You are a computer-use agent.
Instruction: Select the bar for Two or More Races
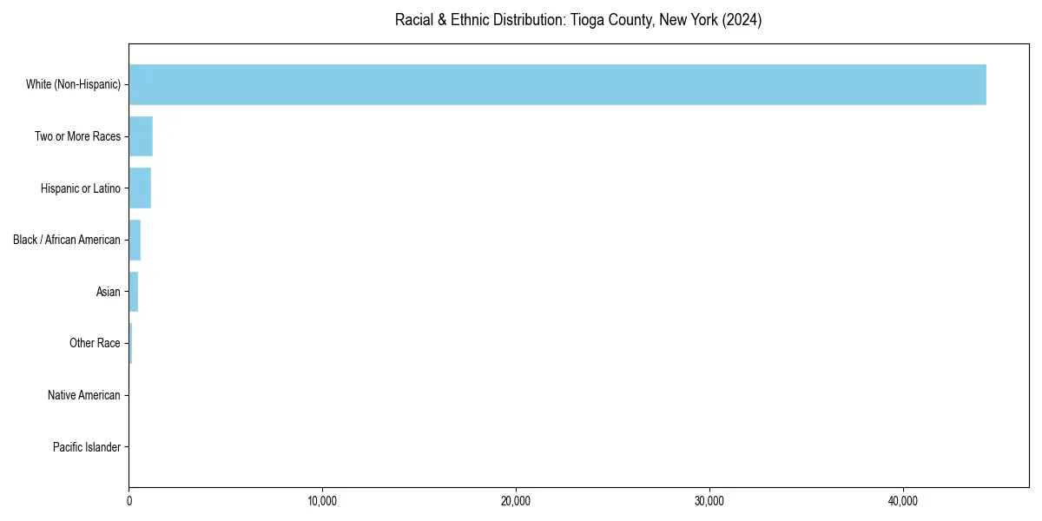[141, 136]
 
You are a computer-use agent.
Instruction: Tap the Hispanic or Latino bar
[140, 188]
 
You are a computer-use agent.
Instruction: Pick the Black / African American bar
[135, 240]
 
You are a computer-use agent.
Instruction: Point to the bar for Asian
[134, 292]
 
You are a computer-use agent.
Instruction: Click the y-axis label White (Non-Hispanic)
[73, 84]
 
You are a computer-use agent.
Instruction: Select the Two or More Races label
[77, 136]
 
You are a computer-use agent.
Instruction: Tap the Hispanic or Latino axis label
[80, 188]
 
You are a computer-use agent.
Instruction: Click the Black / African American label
[67, 240]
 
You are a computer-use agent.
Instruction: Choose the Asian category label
[109, 292]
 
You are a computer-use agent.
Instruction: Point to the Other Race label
[95, 344]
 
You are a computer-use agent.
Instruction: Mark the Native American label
[84, 395]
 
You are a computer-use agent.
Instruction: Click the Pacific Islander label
[87, 447]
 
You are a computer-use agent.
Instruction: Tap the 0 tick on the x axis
[129, 501]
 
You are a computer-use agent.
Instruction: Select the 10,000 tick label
[322, 501]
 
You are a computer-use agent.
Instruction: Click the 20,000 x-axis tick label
[516, 501]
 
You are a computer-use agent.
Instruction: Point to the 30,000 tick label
[709, 501]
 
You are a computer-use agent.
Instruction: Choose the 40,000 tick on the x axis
[903, 501]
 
